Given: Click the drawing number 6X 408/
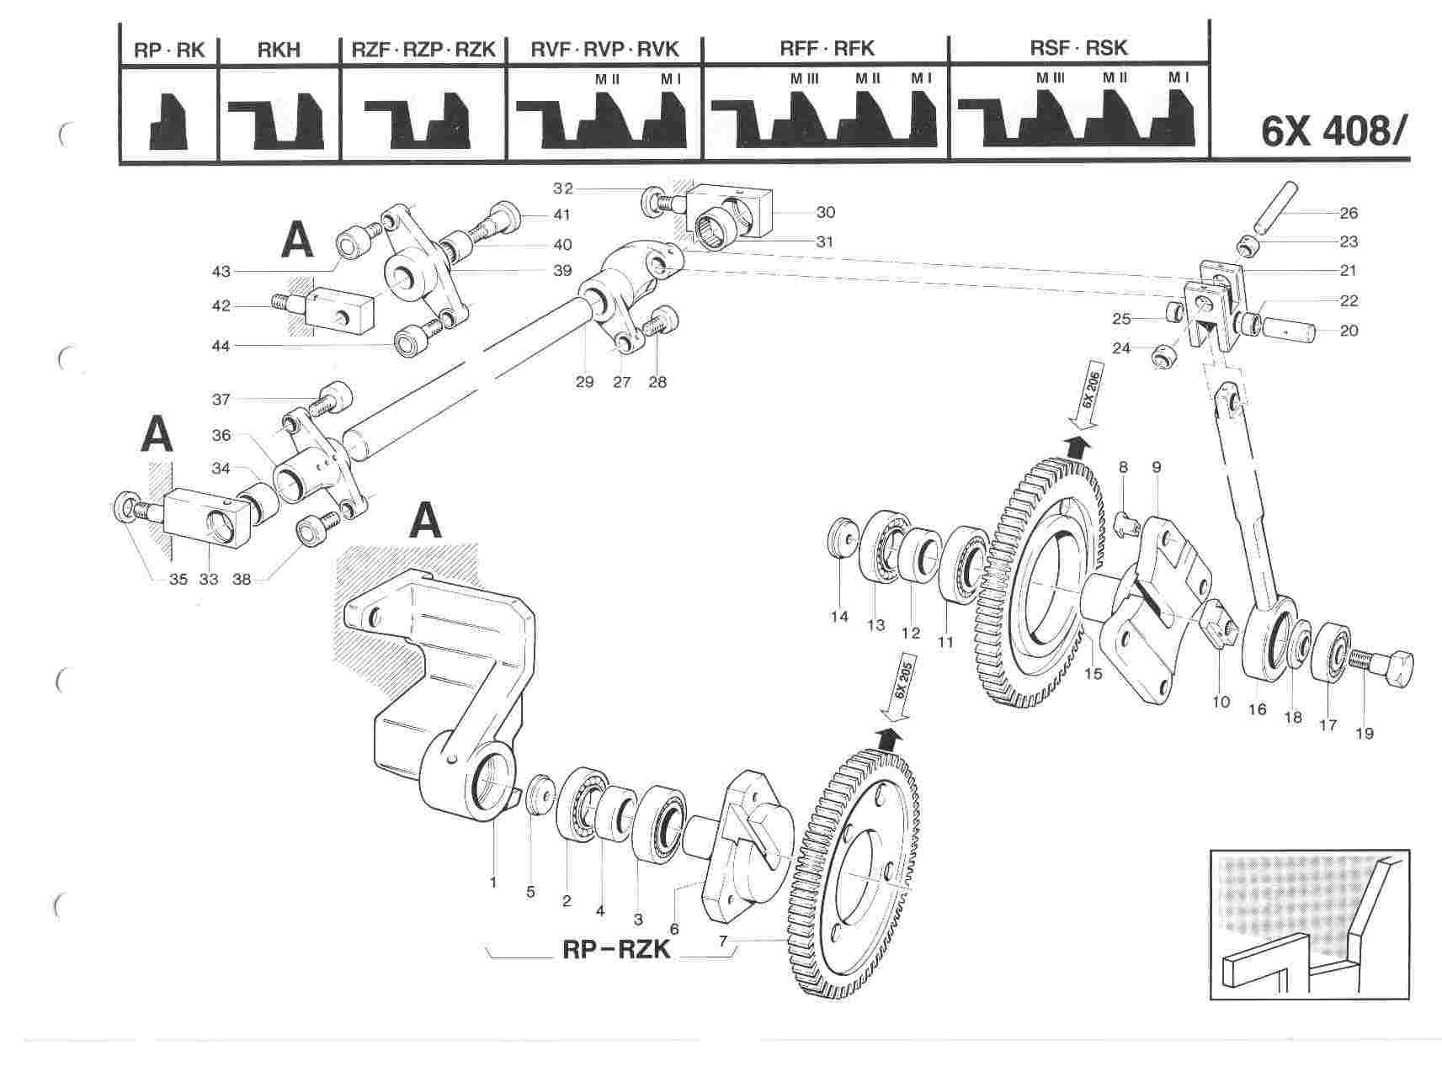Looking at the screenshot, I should (1333, 131).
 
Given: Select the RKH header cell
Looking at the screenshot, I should (279, 50).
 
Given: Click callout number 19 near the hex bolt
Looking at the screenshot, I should (1364, 733).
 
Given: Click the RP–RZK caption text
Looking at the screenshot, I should (615, 949).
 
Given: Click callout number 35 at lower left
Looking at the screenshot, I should (178, 579).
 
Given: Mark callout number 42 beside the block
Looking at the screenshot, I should (221, 306).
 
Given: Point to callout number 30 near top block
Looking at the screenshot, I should (825, 213).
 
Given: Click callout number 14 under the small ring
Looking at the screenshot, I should (839, 617).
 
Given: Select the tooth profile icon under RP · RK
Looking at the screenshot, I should (168, 122).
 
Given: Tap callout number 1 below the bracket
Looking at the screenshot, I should (493, 883).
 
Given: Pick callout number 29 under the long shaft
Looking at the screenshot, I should (584, 382).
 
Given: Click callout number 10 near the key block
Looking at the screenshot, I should (1221, 701).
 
